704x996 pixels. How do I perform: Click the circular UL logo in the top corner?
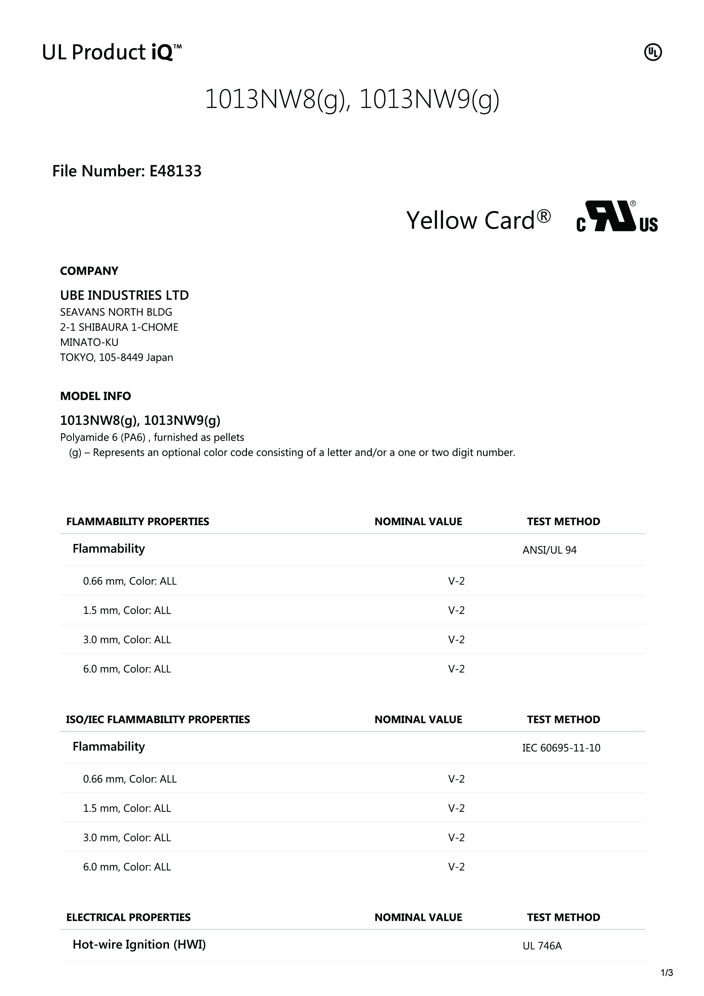[x=652, y=53]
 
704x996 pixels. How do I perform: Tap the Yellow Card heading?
[x=478, y=220]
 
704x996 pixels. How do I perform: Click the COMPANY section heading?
[x=89, y=271]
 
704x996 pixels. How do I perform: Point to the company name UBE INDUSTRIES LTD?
[x=124, y=295]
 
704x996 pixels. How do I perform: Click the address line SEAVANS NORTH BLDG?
[x=116, y=312]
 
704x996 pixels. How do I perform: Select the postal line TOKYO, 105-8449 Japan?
[x=116, y=357]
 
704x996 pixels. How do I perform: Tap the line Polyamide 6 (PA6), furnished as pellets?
[x=152, y=437]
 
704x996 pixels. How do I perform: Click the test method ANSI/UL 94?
[x=549, y=550]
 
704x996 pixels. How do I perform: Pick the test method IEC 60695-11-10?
[x=561, y=748]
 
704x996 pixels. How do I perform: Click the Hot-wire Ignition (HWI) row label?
[x=139, y=945]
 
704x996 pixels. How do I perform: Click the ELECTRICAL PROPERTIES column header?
[x=128, y=918]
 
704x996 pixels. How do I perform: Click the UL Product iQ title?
[x=111, y=53]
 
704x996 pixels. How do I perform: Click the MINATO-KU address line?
[x=89, y=342]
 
